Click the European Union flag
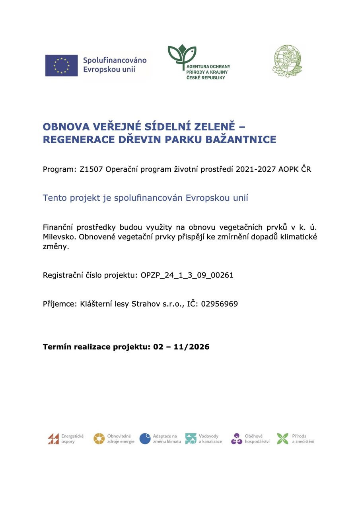[x=61, y=65]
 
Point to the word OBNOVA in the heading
[x=66, y=127]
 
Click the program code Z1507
[x=91, y=169]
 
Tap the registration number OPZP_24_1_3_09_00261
[x=187, y=275]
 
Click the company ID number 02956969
[x=220, y=304]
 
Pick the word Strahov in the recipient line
[x=146, y=304]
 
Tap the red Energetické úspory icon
[x=53, y=439]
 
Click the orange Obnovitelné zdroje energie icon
[x=99, y=439]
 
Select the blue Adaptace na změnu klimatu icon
[x=145, y=439]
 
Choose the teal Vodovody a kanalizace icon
[x=191, y=439]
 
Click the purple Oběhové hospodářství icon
[x=237, y=439]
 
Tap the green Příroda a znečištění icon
[x=282, y=439]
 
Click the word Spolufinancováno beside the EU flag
[x=115, y=60]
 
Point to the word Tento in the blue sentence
[x=54, y=198]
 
